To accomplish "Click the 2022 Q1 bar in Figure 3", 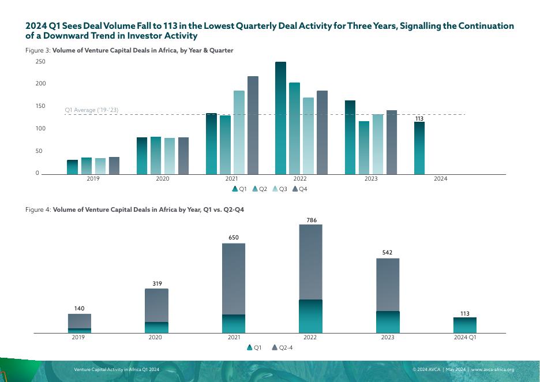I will click(280, 118).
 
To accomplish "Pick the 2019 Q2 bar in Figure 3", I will click(87, 166).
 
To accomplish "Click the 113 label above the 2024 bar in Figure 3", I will click(419, 119).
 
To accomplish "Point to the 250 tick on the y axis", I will click(40, 62).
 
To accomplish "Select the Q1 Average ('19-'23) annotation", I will click(91, 110).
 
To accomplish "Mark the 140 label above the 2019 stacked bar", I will click(80, 309).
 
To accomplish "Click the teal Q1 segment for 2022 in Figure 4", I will click(310, 316).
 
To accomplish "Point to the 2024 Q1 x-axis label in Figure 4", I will click(465, 337).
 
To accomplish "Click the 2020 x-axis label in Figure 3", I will click(163, 179).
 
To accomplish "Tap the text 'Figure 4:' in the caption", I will click(38, 209).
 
